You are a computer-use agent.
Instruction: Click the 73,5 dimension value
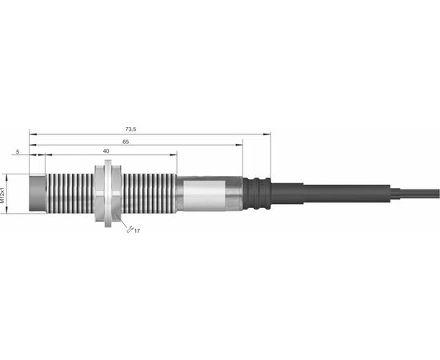pos(130,130)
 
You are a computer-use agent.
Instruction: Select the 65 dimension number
pos(126,142)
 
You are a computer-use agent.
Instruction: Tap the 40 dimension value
pos(106,151)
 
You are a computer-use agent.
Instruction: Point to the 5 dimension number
pos(18,152)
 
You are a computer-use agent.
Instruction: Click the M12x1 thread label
pos(2,194)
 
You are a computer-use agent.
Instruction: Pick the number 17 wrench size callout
pos(137,231)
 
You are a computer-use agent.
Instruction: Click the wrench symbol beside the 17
pos(130,230)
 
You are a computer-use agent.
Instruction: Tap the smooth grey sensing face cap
pos(38,194)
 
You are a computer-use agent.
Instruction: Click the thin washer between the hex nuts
pos(108,194)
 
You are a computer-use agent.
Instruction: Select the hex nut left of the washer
pos(100,194)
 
